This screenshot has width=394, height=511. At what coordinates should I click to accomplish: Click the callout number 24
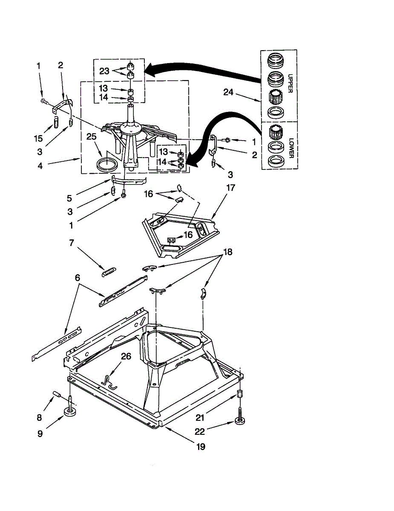point(229,92)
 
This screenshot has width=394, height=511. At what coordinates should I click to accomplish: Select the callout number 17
point(231,187)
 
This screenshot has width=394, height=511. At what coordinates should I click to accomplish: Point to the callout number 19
point(200,447)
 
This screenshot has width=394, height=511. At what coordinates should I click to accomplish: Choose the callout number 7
point(72,243)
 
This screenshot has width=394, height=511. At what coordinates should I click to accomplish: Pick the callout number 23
point(104,71)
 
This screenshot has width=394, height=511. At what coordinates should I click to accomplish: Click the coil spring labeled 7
point(109,271)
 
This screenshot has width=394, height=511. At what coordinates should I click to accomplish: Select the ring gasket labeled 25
point(106,164)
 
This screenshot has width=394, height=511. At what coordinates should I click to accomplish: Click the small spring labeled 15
point(55,123)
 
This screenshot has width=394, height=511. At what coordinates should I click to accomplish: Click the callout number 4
point(40,166)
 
